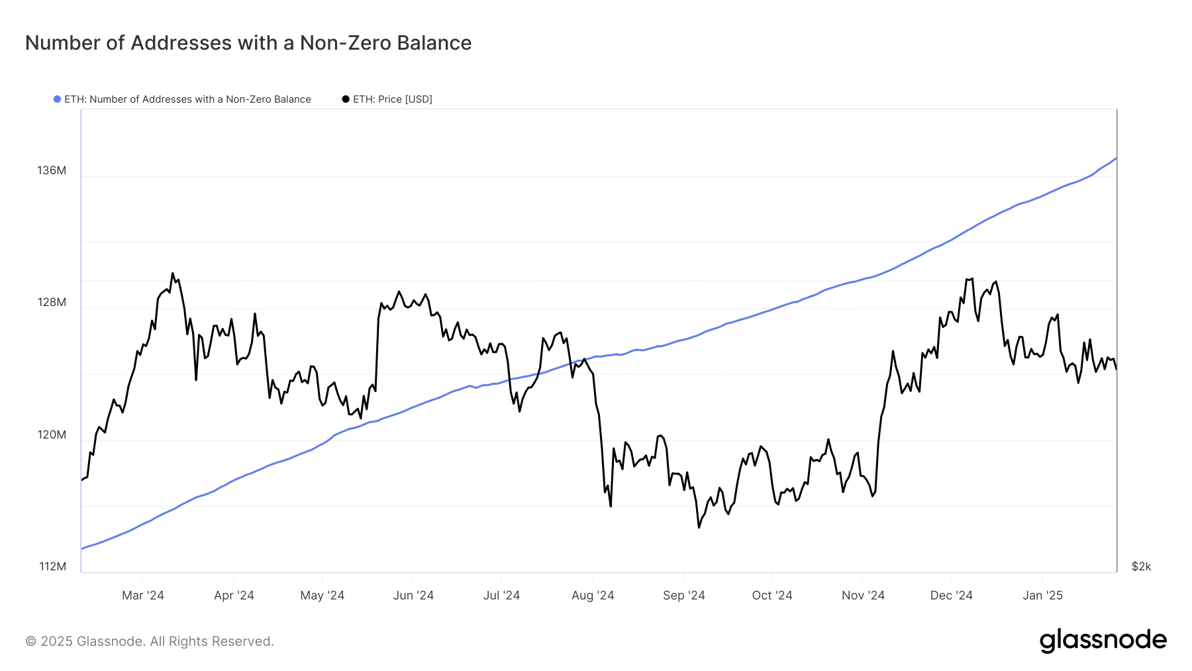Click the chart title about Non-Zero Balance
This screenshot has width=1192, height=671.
click(248, 43)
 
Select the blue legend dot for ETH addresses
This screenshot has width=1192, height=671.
click(58, 99)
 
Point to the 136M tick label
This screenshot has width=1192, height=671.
click(52, 171)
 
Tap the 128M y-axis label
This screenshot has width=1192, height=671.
click(52, 303)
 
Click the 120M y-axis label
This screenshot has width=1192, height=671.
click(52, 435)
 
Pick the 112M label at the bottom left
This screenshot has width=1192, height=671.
click(53, 567)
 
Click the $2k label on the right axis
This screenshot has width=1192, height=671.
click(1141, 567)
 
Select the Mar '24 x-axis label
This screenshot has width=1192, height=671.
click(143, 595)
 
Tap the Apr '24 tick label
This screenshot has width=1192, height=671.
click(234, 595)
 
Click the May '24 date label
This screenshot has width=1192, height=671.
click(323, 595)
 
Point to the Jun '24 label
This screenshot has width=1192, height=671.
click(413, 595)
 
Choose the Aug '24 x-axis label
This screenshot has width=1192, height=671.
click(593, 595)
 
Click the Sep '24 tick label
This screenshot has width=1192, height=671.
click(684, 595)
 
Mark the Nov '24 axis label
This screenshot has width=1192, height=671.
click(863, 595)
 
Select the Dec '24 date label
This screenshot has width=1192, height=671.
click(952, 595)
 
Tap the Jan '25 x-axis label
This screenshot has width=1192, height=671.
click(1042, 595)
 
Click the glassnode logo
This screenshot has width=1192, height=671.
click(1103, 641)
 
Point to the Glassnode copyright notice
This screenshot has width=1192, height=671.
click(150, 641)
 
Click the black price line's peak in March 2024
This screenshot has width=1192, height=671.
click(172, 273)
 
